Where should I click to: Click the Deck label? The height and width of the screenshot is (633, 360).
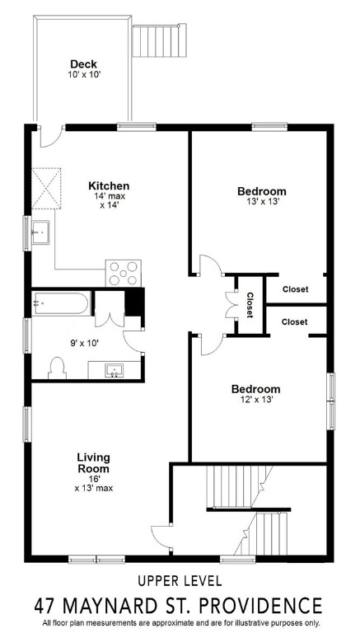click(x=84, y=63)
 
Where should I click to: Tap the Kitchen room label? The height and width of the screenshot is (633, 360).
click(x=109, y=185)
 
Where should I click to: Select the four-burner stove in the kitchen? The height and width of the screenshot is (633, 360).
click(x=123, y=272)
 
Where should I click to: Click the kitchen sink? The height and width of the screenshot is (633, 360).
click(x=39, y=233)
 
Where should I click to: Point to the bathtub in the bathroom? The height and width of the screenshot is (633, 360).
click(x=59, y=304)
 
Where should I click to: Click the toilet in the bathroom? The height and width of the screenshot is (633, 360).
click(x=58, y=367)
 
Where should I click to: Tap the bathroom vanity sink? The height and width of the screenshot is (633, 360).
click(x=115, y=368)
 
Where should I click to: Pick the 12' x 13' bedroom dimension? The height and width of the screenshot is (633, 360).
click(x=255, y=399)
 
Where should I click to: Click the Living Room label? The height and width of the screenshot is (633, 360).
click(x=93, y=462)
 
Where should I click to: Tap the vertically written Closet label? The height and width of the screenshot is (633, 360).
click(x=248, y=305)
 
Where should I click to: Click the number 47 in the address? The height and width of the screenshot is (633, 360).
click(x=47, y=605)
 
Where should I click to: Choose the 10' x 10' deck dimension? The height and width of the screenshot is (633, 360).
click(x=84, y=74)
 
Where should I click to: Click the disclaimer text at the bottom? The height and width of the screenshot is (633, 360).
click(x=180, y=622)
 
